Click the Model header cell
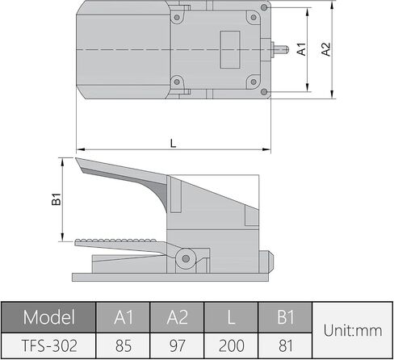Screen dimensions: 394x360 tap(48, 317)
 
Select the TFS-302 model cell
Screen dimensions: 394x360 tap(49, 345)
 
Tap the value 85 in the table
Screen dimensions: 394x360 tap(124, 345)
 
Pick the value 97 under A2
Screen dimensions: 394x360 tap(177, 345)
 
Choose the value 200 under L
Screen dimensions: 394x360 tap(231, 345)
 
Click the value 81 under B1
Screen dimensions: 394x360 tap(285, 345)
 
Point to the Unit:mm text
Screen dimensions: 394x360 tap(353, 330)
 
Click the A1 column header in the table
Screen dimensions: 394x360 tap(124, 317)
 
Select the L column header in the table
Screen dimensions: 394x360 tap(231, 317)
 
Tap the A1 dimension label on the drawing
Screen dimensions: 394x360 tap(302, 49)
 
